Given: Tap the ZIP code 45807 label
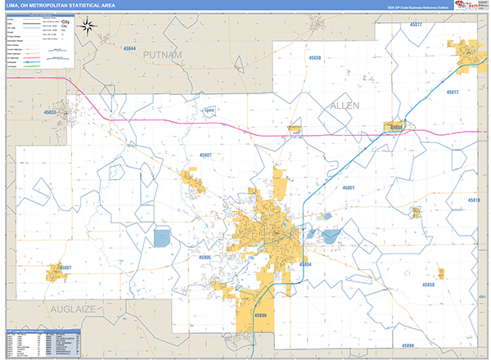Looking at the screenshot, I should click(x=205, y=155).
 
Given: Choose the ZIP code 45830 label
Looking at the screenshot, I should click(x=314, y=58).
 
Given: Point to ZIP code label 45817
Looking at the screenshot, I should click(x=453, y=92).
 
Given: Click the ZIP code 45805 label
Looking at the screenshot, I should click(x=205, y=258).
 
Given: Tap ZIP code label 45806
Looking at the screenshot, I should click(x=259, y=315).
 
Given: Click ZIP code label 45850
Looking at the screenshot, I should click(x=427, y=283).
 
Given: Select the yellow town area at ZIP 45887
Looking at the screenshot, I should click(x=57, y=268).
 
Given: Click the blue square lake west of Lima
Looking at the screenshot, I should click(x=161, y=238).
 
